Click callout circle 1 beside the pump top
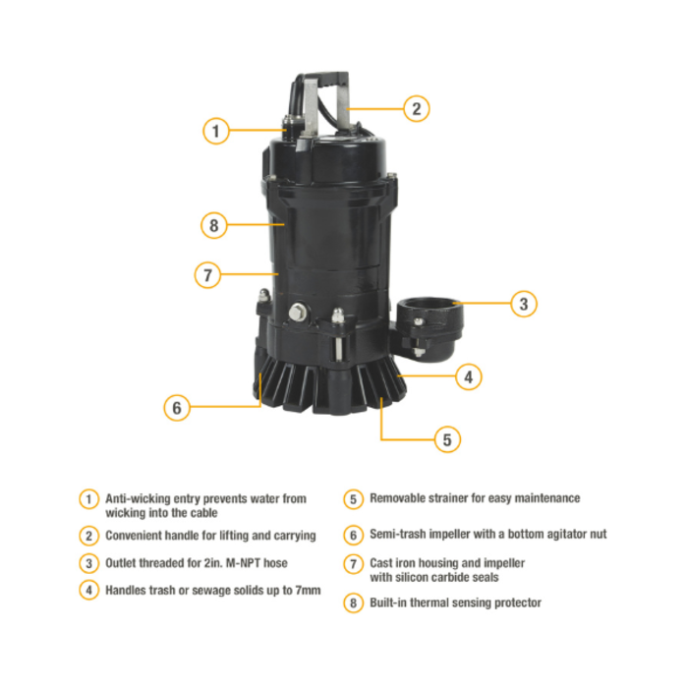point(217,130)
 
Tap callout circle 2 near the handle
point(416,109)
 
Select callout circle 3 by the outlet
point(523,304)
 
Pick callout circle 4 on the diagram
point(470,375)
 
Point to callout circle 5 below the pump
point(446,439)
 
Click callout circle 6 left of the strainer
point(177,406)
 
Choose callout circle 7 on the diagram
point(207,274)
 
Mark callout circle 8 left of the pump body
point(214,225)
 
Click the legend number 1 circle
point(89,499)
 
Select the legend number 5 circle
point(354,499)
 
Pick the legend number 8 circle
point(354,602)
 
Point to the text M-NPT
point(236,563)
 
